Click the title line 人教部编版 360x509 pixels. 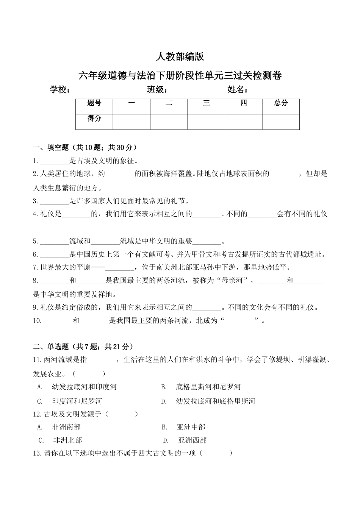pyautogui.click(x=180, y=57)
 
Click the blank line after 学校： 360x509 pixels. pyautogui.click(x=106, y=91)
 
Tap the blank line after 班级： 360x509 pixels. pyautogui.click(x=196, y=91)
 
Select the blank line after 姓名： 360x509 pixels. pyautogui.click(x=280, y=91)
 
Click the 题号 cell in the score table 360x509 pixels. pyautogui.click(x=94, y=103)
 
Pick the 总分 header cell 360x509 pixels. pyautogui.click(x=281, y=103)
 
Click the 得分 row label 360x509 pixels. pyautogui.click(x=94, y=119)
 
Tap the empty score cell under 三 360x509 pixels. pyautogui.click(x=206, y=122)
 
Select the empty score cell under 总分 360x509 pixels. pyautogui.click(x=281, y=122)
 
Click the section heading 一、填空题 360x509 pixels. pyautogui.click(x=85, y=147)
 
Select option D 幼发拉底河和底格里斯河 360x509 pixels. pyautogui.click(x=215, y=401)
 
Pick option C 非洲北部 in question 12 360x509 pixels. pyautogui.click(x=67, y=440)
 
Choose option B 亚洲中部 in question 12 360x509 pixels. pyautogui.click(x=191, y=427)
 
